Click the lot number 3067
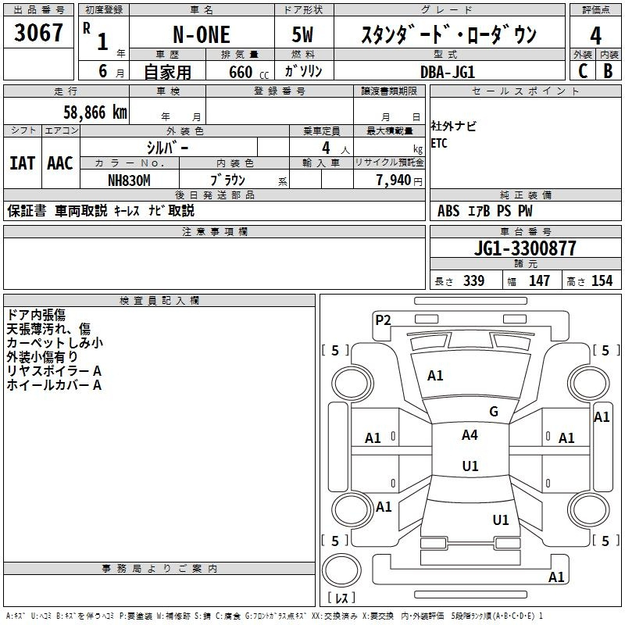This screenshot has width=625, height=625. pos(38,33)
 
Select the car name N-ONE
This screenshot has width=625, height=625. pos(202,34)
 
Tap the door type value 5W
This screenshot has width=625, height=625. pos(302,34)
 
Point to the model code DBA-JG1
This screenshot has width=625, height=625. pos(448,72)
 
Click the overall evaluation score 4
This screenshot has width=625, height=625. pos(595,36)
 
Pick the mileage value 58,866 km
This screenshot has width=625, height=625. pos(95,112)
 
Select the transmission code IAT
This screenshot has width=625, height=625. pos(23,163)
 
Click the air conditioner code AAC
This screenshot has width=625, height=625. pos(60,163)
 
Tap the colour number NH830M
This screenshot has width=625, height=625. pos(129,180)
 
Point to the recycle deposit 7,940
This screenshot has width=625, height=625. pos(393,180)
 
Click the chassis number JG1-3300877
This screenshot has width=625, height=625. pos(525,248)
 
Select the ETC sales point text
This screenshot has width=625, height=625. pos(439,143)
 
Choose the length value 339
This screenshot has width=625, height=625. pos(473,280)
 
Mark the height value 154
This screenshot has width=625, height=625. pos(602,280)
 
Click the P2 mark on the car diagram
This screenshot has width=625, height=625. pos(383,320)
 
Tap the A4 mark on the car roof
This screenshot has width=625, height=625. pos(470,435)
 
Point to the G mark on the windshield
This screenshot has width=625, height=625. pos(494,412)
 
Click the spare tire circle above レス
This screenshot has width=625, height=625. pos(341,570)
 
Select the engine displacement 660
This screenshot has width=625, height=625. pos(241,72)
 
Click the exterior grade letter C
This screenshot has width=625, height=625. pos(583,71)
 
